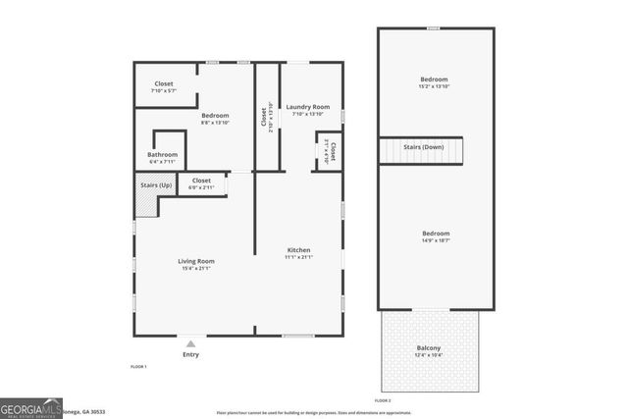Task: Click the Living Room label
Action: pos(196,261)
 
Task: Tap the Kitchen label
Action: pos(299,249)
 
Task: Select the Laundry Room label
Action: pos(307,106)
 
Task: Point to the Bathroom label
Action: pos(163,154)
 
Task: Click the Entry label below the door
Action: pos(190,354)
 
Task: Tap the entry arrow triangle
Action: pos(190,343)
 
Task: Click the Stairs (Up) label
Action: pos(157,183)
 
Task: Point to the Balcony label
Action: pos(429,348)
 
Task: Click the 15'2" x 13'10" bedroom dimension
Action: pos(434,87)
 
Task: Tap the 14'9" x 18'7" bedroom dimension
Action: pos(436,240)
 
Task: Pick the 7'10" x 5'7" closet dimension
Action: pos(164,91)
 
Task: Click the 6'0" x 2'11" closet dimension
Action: pos(201,187)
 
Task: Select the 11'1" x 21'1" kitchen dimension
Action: pos(299,257)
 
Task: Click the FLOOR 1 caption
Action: pos(138,366)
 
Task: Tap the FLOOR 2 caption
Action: pos(383,400)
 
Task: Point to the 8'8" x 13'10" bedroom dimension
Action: pos(215,123)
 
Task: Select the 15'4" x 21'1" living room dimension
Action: pos(196,269)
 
